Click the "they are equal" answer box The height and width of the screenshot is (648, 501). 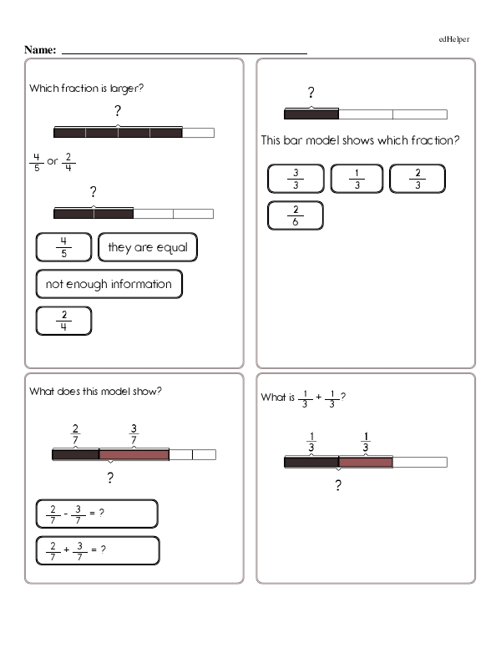pos(148,248)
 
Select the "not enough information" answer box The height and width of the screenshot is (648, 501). pos(109,285)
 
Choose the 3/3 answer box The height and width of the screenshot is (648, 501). pos(296,180)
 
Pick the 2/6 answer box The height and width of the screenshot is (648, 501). pos(296,215)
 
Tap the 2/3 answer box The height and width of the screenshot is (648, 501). pos(417,180)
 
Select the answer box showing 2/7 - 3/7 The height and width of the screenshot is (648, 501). pos(97,514)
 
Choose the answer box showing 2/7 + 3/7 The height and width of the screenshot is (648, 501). pos(98,549)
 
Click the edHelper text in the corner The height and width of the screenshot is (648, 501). pos(454,38)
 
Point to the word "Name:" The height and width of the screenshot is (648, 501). pos(40,50)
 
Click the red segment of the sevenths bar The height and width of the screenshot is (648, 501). pos(134,454)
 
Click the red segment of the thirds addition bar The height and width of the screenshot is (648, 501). pos(365,462)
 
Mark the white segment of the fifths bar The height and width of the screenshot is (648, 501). pos(198,132)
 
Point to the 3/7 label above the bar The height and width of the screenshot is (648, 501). pos(134,434)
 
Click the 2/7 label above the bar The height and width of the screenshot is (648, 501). pos(76,434)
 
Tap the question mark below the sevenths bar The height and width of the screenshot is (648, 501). pos(109,478)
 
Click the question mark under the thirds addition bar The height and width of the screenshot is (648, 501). pos(338,486)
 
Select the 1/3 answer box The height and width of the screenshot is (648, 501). pos(357,180)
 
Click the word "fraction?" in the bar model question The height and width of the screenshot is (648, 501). pos(433,140)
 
